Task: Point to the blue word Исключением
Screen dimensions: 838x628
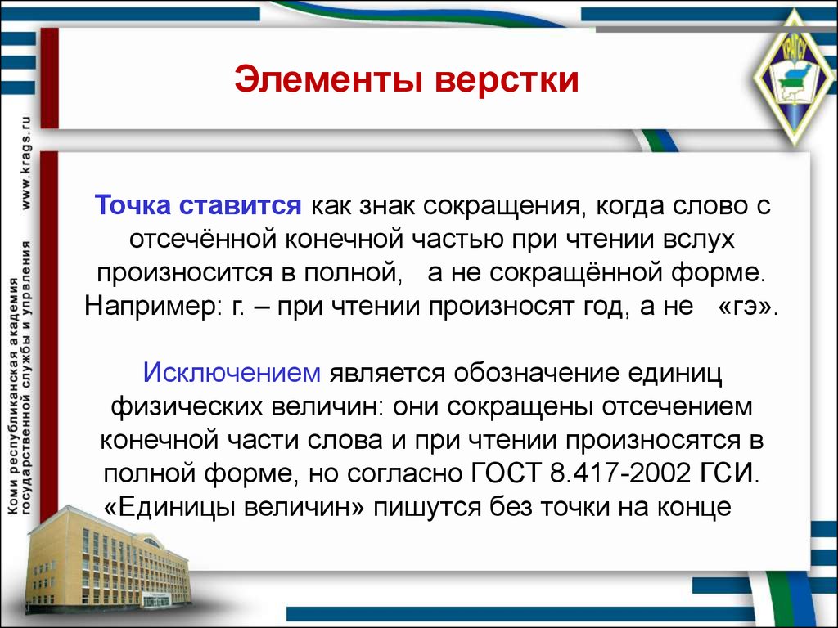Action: point(232,372)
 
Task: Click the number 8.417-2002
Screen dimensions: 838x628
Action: point(620,473)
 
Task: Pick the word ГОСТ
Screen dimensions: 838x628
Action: point(506,473)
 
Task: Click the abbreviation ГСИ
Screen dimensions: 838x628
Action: point(729,473)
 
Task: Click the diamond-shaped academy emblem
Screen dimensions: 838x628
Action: point(794,79)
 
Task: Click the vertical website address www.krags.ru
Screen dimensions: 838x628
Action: point(25,163)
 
